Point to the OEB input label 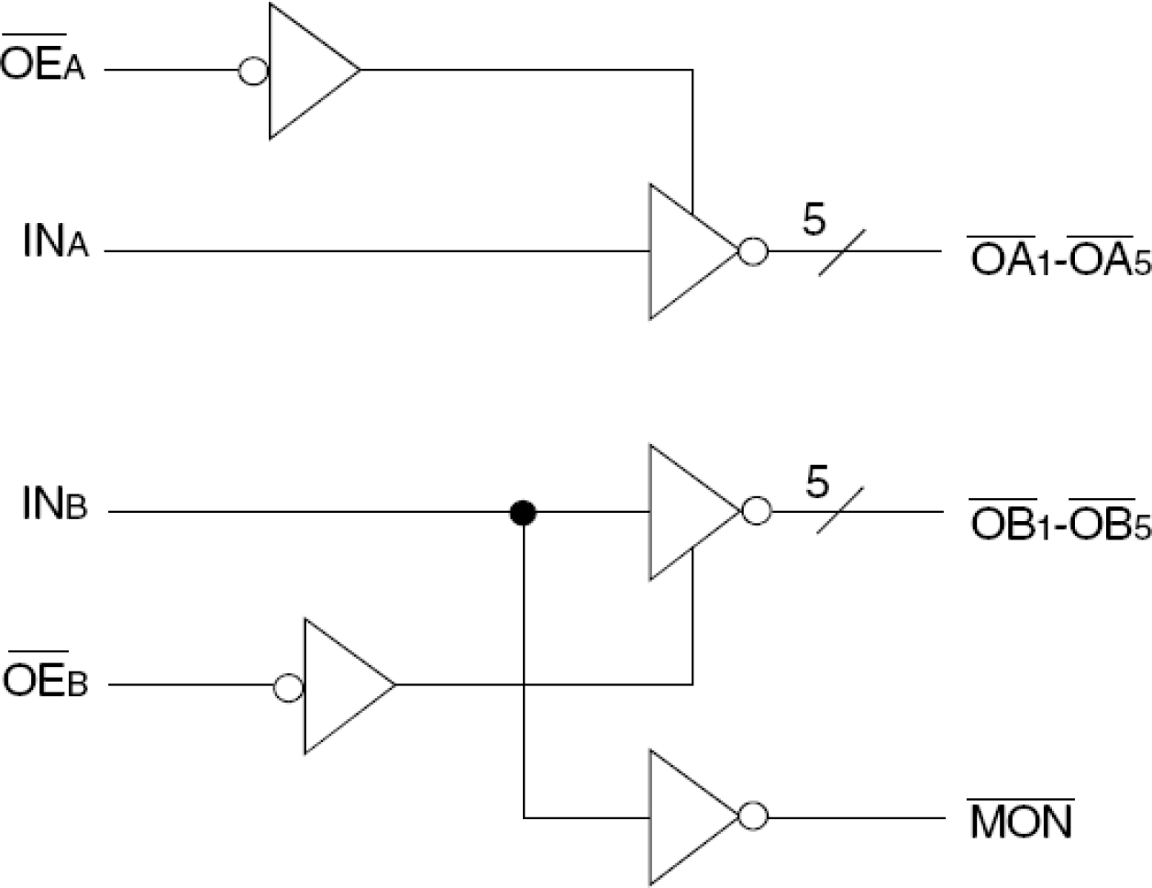coord(45,682)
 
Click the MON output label coord(1021,820)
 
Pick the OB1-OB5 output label coord(1059,520)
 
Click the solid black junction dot coord(523,513)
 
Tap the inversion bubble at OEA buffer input coord(253,71)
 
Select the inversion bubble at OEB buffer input coord(289,688)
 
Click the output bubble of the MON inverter coord(754,816)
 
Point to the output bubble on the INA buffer coord(753,251)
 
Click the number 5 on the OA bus coord(814,221)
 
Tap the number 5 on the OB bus coord(817,482)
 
